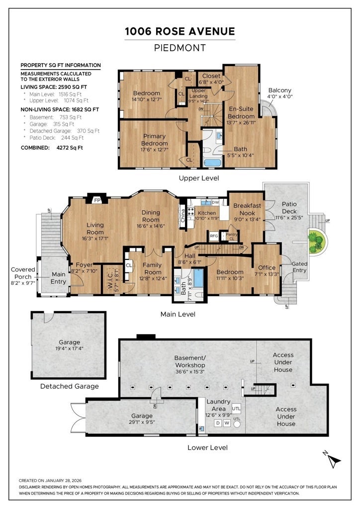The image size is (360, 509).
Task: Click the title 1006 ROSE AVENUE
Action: (180, 31)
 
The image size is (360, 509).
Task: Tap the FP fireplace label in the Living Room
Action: (97, 200)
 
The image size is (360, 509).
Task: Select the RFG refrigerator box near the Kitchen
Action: (214, 236)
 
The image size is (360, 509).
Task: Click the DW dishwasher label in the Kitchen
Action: (215, 202)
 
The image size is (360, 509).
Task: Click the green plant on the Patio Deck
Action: (316, 242)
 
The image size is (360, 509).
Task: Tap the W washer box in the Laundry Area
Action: (227, 424)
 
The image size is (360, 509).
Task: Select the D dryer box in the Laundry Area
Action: (218, 424)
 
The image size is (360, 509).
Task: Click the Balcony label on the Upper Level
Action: (279, 90)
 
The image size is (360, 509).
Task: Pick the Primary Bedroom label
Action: (155, 140)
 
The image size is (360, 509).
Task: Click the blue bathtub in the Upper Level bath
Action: (212, 163)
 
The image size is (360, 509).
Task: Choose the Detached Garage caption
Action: (70, 386)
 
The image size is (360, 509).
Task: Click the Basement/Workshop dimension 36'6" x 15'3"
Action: (190, 372)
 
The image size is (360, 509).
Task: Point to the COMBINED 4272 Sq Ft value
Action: (70, 148)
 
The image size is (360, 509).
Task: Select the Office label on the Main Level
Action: (267, 267)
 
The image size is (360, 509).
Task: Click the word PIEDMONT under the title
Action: (180, 48)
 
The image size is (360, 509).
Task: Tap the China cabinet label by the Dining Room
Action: (183, 215)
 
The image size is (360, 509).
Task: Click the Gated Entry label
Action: (299, 267)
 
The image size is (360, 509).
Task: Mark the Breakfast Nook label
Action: (247, 209)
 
